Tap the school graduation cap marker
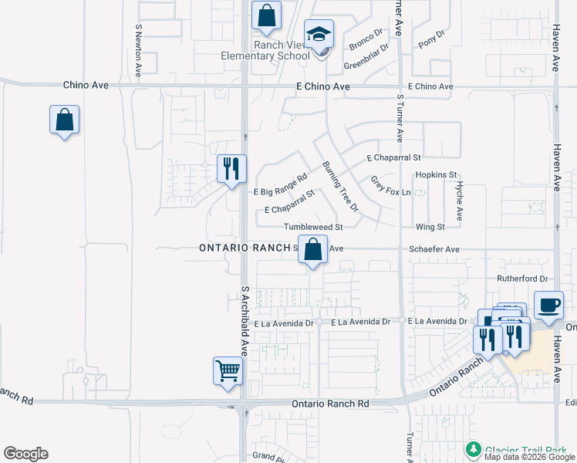click(x=318, y=35)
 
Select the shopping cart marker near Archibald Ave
click(x=228, y=371)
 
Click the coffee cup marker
click(x=548, y=305)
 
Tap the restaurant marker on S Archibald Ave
click(x=231, y=169)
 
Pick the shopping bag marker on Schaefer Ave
click(x=312, y=251)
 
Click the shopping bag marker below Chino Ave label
click(x=64, y=120)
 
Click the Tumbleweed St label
click(x=312, y=227)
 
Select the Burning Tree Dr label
click(x=340, y=187)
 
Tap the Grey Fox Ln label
click(x=390, y=186)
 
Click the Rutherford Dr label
click(x=522, y=279)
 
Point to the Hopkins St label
click(x=437, y=175)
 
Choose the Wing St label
click(x=430, y=227)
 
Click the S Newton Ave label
click(x=138, y=49)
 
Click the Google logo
click(x=25, y=454)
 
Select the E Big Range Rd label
click(x=280, y=185)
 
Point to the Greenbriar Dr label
click(x=363, y=60)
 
